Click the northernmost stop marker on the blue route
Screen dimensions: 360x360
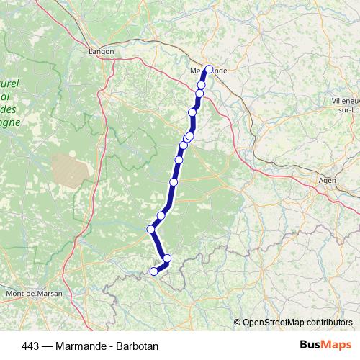tap(210, 70)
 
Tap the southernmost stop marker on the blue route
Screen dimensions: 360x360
tap(153, 271)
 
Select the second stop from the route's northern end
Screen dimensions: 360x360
tap(202, 85)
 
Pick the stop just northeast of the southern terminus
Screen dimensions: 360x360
tap(167, 258)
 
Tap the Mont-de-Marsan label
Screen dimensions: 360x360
tap(33, 294)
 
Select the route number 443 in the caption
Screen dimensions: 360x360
tap(31, 346)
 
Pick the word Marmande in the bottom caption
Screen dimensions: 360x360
tap(81, 346)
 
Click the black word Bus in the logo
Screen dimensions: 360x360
tap(310, 345)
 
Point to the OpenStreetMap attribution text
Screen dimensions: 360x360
tap(297, 322)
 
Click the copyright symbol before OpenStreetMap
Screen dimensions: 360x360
tap(238, 322)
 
